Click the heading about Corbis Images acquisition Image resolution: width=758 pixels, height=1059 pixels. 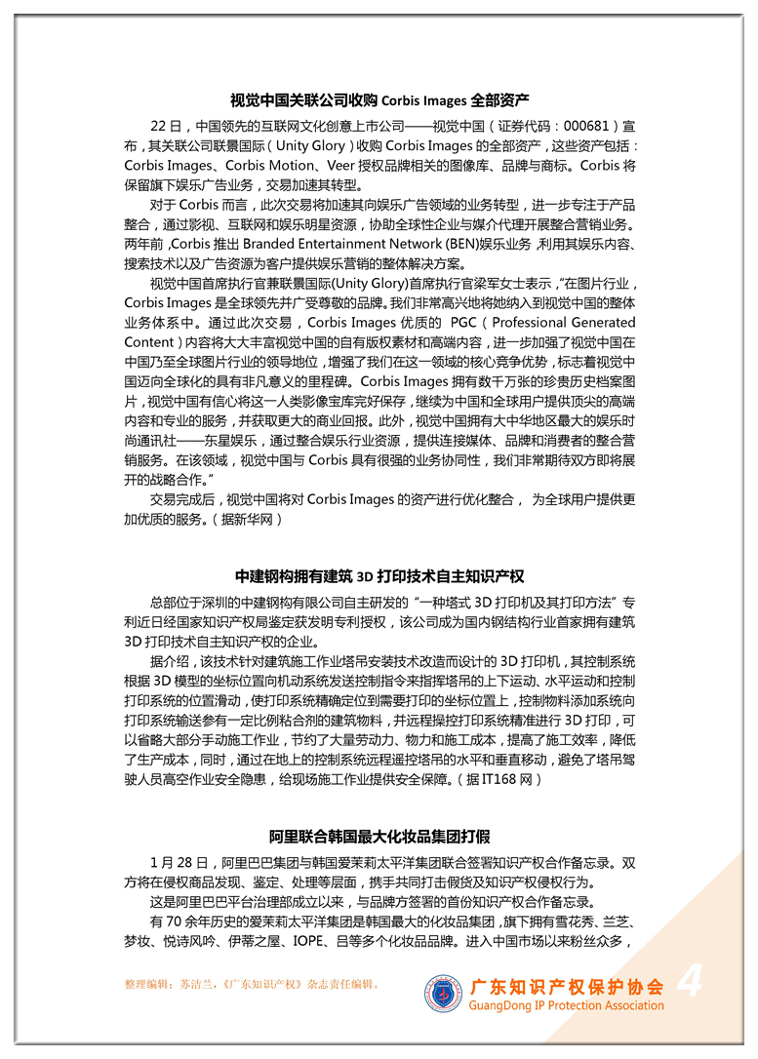(x=379, y=100)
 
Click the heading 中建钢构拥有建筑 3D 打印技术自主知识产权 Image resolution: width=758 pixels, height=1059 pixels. (x=379, y=575)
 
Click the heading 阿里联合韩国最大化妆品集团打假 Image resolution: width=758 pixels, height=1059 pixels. (x=379, y=837)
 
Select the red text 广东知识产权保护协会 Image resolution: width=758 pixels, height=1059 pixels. (x=567, y=987)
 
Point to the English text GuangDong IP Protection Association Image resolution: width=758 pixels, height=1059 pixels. (x=567, y=1005)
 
